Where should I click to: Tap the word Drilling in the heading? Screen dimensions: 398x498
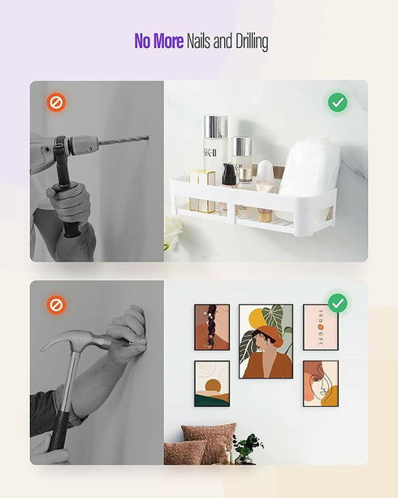[x=252, y=42]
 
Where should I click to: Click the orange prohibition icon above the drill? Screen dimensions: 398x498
[x=56, y=102]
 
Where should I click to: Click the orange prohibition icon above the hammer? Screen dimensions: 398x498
[x=56, y=305]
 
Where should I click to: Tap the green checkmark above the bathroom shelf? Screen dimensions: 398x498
[x=337, y=102]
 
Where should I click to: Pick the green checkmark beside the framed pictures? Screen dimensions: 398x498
[x=337, y=303]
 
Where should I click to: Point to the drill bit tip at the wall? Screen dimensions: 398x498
[x=148, y=137]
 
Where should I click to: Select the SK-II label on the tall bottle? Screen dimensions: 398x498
[x=210, y=153]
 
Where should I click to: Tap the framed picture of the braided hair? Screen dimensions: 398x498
[x=212, y=327]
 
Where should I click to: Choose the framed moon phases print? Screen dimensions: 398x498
[x=321, y=327]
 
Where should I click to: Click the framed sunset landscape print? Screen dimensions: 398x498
[x=212, y=383]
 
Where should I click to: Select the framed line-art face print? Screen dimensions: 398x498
[x=321, y=383]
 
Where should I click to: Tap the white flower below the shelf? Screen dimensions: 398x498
[x=172, y=229]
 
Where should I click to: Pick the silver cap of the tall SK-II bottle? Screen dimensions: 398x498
[x=215, y=127]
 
